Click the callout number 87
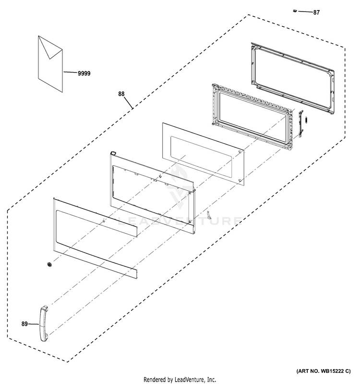click(x=316, y=12)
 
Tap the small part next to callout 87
click(x=295, y=10)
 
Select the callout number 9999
click(x=84, y=74)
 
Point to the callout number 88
click(x=123, y=95)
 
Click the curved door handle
click(x=43, y=323)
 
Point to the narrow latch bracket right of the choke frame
click(x=301, y=124)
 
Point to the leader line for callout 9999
click(x=70, y=73)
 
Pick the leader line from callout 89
click(x=33, y=324)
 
